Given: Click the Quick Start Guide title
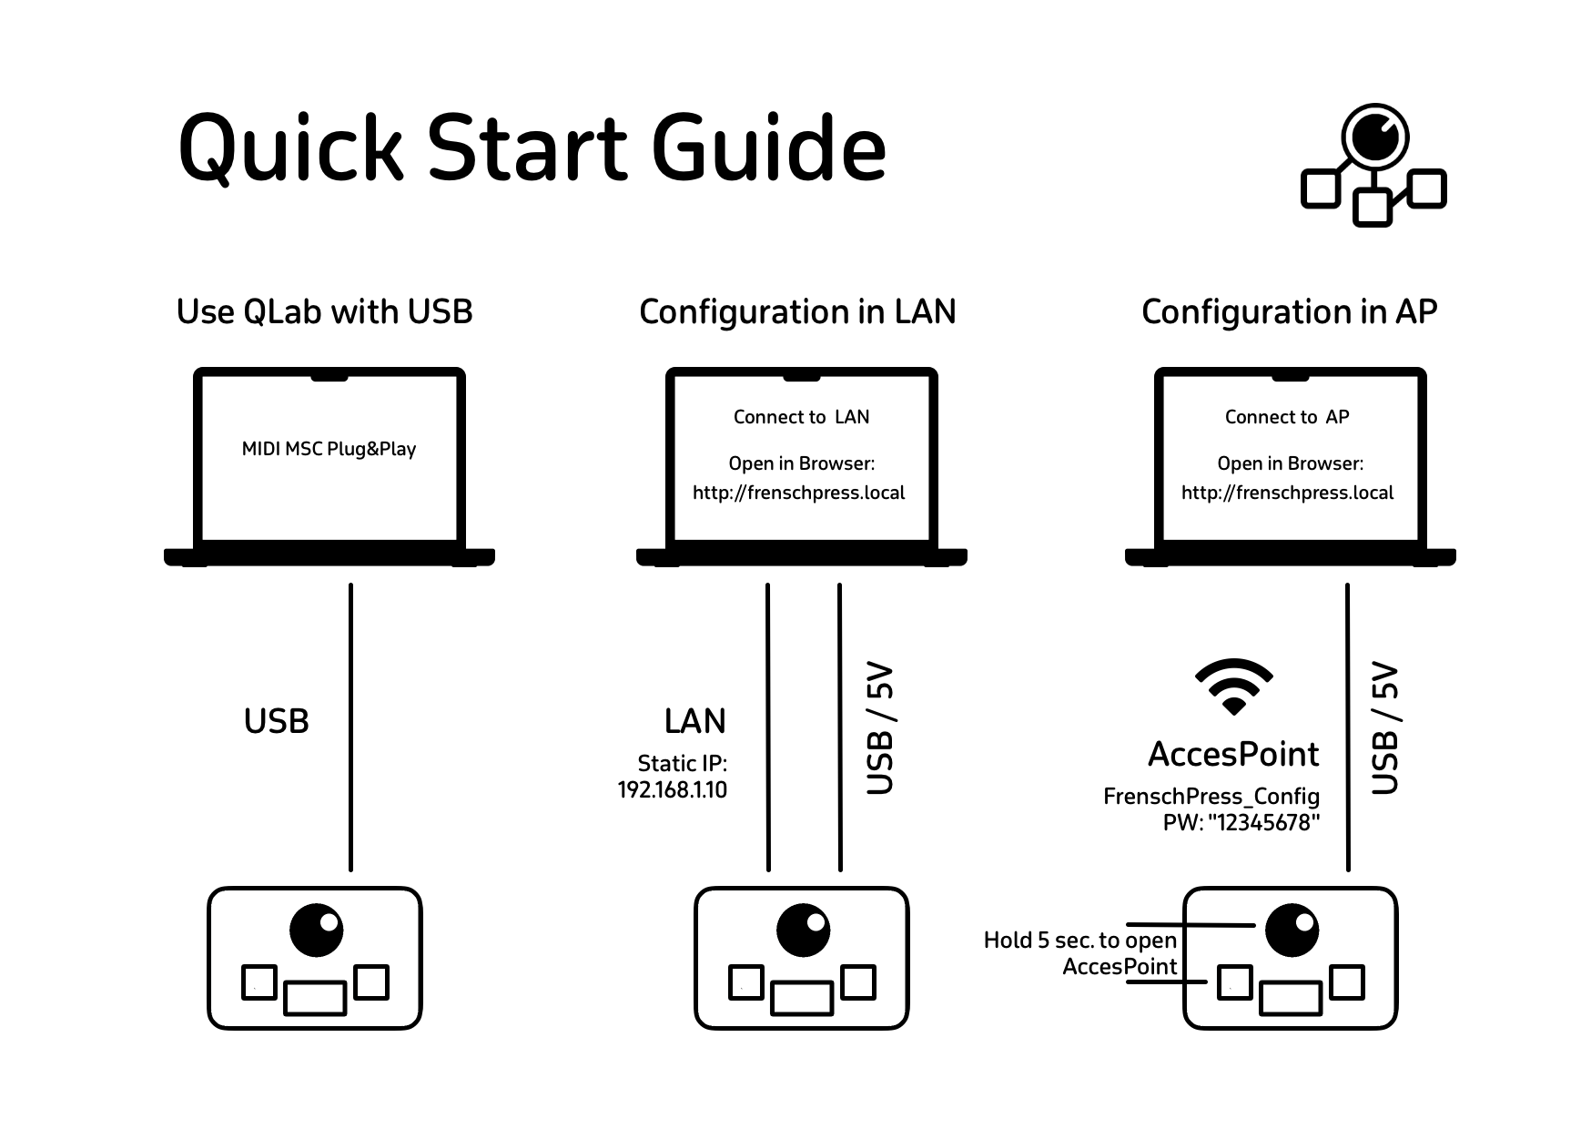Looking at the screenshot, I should click(532, 147).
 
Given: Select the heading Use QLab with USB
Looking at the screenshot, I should click(324, 311).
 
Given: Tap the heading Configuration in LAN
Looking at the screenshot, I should click(797, 311).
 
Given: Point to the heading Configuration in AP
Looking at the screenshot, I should click(1289, 311).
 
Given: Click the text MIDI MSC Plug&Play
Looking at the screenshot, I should click(329, 449).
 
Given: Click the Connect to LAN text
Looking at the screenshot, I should click(801, 417).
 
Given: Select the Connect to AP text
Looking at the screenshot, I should click(1287, 417).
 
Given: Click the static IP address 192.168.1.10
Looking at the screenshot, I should click(673, 789).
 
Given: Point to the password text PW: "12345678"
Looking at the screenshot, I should click(1241, 822).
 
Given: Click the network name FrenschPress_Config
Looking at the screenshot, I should click(1211, 797).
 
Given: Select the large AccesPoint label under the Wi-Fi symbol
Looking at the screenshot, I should click(1233, 754).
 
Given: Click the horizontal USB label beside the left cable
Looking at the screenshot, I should click(277, 721).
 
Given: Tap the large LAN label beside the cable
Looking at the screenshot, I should click(694, 721).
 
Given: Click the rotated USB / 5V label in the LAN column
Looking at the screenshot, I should click(880, 728).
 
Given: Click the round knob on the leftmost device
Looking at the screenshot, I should click(316, 930).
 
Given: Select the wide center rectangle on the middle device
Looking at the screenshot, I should click(801, 998).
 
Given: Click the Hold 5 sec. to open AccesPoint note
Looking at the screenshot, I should click(1080, 952).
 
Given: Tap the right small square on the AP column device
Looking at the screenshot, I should click(1347, 982).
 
